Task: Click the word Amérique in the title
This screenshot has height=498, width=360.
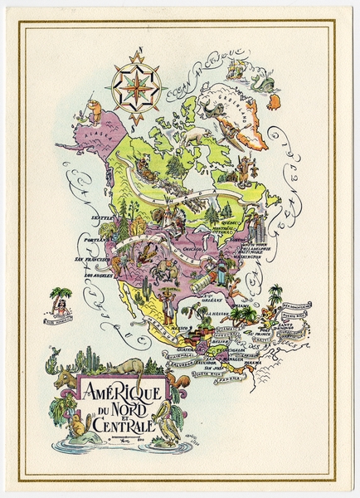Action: (124, 389)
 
